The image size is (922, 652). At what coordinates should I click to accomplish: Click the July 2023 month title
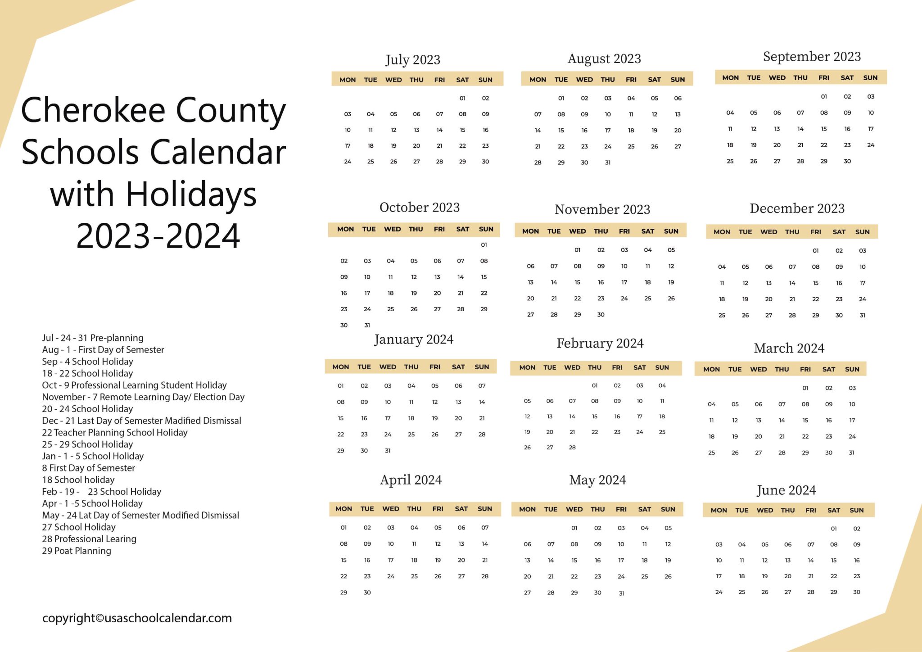412,59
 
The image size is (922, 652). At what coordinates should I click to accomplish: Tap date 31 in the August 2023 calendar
607,163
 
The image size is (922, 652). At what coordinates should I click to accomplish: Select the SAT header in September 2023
847,77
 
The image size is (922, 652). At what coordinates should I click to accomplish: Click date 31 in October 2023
367,325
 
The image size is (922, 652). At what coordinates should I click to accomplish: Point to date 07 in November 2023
554,266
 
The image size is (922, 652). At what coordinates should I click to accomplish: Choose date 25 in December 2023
722,315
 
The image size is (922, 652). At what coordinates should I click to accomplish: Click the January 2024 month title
413,339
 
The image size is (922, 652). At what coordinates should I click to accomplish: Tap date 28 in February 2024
572,447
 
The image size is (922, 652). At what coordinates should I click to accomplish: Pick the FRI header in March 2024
805,369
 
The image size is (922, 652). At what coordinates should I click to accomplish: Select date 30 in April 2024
367,593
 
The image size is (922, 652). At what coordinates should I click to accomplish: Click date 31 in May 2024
621,593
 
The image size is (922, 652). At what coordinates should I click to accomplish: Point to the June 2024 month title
786,490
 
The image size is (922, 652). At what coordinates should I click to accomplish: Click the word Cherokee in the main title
93,110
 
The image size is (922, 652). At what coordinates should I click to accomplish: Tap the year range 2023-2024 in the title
158,235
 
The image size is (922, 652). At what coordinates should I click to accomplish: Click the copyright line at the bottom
137,618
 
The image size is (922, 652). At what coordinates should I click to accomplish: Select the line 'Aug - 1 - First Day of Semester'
103,349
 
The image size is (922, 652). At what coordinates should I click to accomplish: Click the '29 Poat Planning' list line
76,551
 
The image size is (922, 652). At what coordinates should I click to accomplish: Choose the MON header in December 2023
722,232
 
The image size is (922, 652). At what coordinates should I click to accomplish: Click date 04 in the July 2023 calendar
370,114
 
